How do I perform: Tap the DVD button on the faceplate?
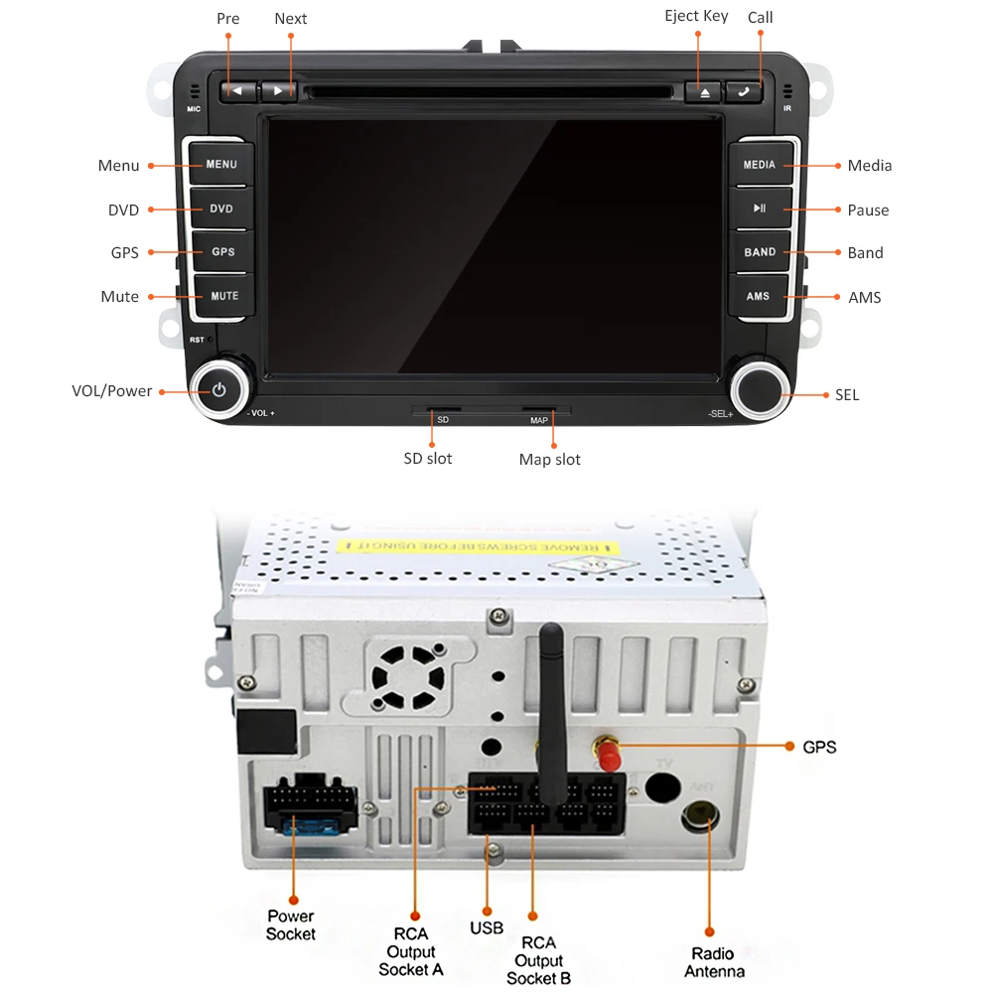tap(221, 210)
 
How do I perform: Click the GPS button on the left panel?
tap(222, 252)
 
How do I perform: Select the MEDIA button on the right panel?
tap(760, 165)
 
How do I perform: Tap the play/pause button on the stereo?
tap(760, 209)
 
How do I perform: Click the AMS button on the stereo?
tap(759, 296)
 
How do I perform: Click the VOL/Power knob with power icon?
tap(219, 390)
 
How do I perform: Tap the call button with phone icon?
tap(743, 91)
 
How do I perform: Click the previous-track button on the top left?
tap(237, 91)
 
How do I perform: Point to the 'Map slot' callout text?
tap(549, 460)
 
